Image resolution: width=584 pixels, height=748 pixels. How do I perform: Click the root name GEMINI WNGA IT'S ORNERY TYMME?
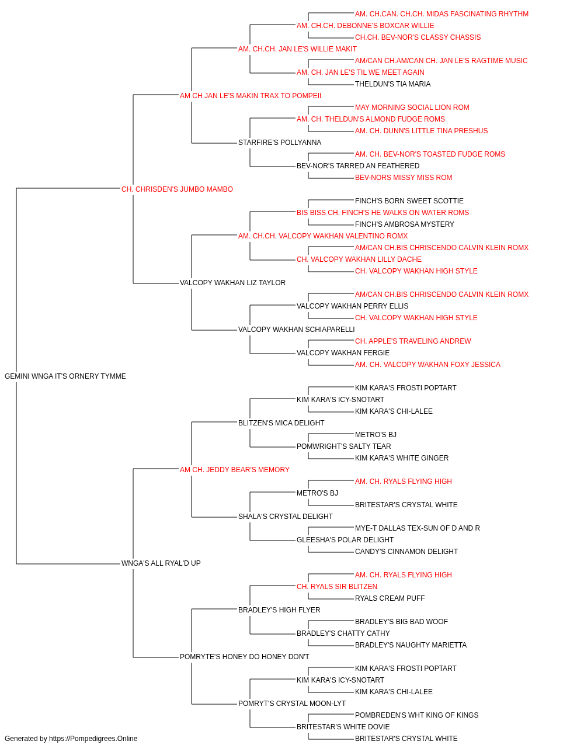click(65, 376)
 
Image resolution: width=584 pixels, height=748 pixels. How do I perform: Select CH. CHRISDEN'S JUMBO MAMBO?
click(177, 189)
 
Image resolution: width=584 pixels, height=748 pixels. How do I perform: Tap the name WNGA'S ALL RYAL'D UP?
click(161, 563)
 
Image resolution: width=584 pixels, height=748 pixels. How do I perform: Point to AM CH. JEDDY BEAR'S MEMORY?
click(235, 470)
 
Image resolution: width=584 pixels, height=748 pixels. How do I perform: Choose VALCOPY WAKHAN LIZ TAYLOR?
click(232, 283)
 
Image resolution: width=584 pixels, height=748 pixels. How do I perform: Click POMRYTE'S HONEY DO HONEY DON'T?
click(245, 657)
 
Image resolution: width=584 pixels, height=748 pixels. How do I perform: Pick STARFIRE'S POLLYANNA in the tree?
click(280, 143)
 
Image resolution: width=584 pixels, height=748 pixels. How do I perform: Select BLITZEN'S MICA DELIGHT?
click(281, 423)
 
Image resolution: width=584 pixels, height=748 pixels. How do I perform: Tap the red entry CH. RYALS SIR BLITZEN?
click(337, 587)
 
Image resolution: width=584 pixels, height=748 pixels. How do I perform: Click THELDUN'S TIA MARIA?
click(393, 84)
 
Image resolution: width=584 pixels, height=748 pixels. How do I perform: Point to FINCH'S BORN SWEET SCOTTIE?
click(409, 200)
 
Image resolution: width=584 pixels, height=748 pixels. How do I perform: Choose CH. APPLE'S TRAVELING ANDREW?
click(413, 341)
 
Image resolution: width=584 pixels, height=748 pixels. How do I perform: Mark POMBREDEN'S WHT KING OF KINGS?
click(417, 715)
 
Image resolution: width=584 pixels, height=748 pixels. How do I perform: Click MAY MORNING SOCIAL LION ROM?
click(412, 108)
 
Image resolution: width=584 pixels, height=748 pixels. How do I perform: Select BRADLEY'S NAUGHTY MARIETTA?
click(411, 645)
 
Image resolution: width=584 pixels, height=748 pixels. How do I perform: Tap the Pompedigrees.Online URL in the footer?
click(93, 739)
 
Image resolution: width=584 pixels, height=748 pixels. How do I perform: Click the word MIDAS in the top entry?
click(436, 14)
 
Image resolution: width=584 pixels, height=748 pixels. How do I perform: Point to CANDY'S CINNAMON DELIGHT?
click(406, 552)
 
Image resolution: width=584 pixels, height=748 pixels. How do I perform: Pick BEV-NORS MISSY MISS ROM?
click(404, 178)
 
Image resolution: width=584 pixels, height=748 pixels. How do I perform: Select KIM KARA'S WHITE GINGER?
click(402, 458)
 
